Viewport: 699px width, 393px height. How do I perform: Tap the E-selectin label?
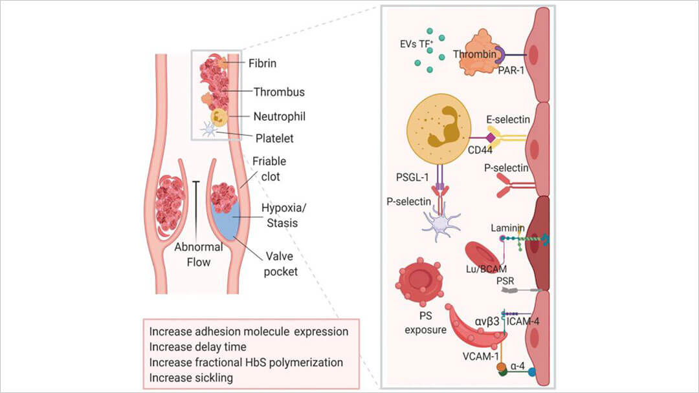[x=509, y=120]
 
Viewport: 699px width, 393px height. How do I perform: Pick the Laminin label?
[x=511, y=228]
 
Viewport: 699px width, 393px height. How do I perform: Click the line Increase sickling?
[x=191, y=377]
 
